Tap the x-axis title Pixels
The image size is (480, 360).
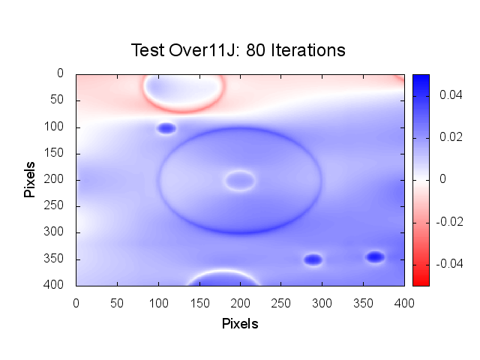pyautogui.click(x=240, y=324)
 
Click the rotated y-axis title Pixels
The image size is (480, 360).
pyautogui.click(x=30, y=179)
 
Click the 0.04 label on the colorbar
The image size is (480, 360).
pyautogui.click(x=448, y=95)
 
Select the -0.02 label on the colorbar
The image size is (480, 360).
pyautogui.click(x=446, y=221)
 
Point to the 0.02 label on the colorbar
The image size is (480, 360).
pyautogui.click(x=448, y=137)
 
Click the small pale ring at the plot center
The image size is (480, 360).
pyautogui.click(x=240, y=180)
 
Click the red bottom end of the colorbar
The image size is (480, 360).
pyautogui.click(x=421, y=281)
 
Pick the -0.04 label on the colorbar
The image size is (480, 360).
pyautogui.click(x=446, y=263)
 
